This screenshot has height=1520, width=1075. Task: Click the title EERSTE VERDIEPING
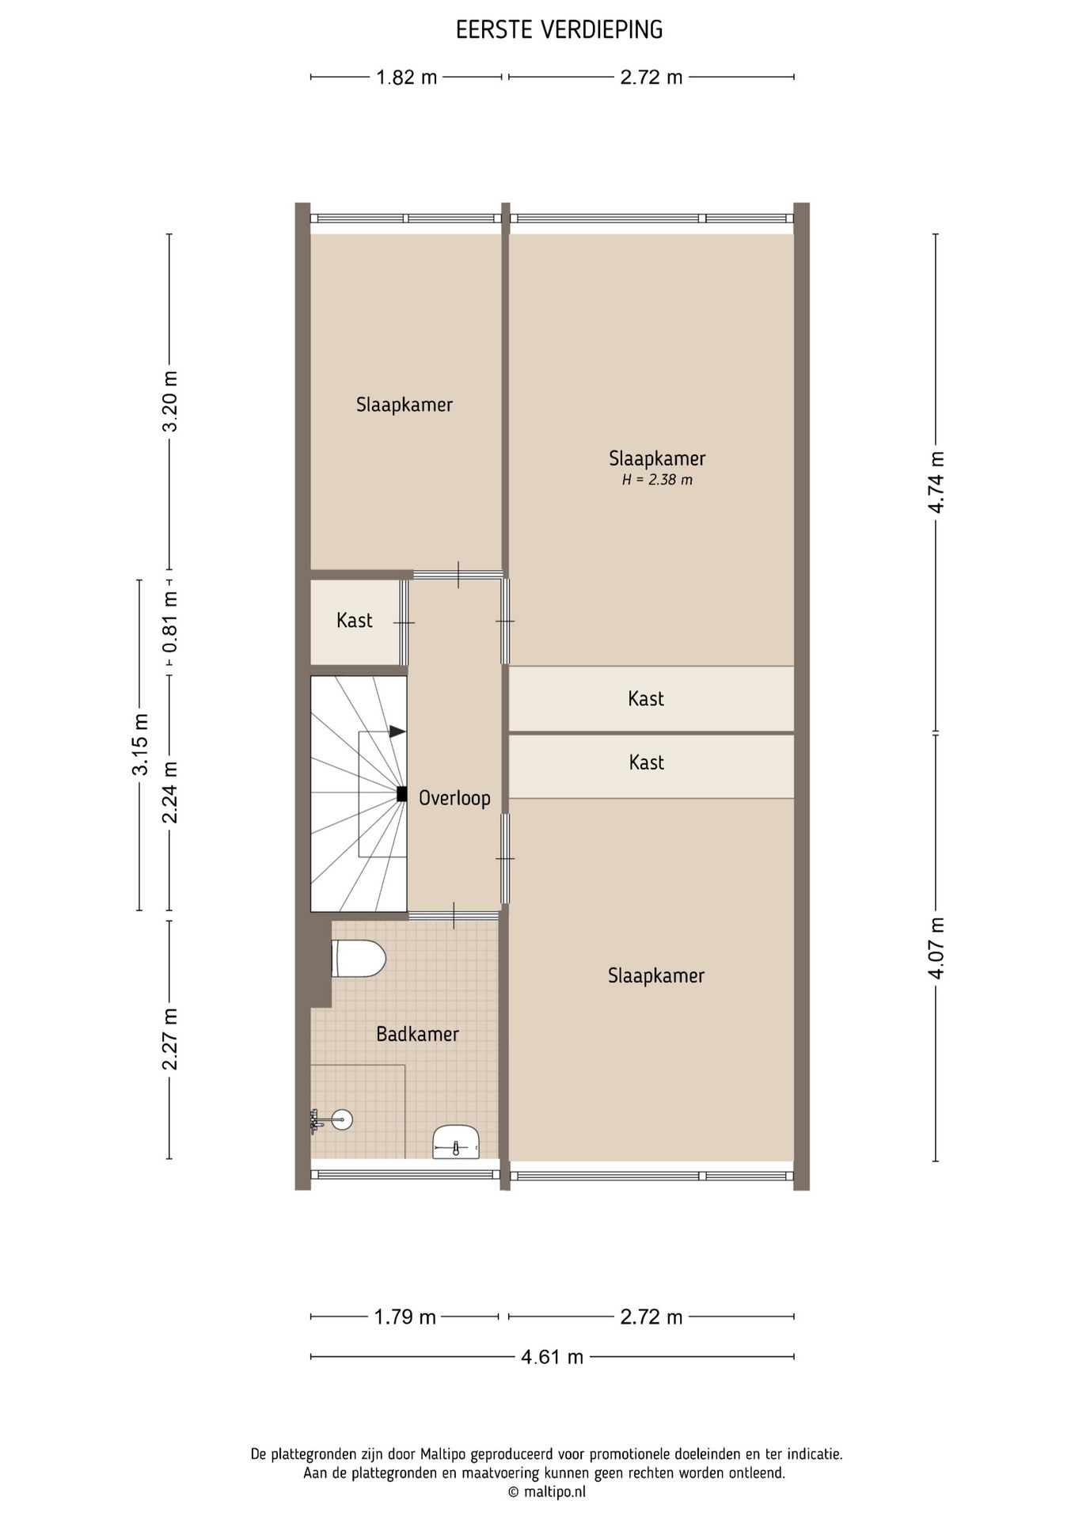pyautogui.click(x=559, y=30)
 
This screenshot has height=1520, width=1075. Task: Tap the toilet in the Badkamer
pyautogui.click(x=358, y=959)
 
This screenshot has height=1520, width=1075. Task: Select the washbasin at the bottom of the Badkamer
pyautogui.click(x=457, y=1142)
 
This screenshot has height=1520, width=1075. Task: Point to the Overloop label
pyautogui.click(x=454, y=798)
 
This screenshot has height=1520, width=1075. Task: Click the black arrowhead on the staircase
pyautogui.click(x=398, y=731)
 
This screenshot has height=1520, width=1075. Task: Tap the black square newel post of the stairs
pyautogui.click(x=401, y=794)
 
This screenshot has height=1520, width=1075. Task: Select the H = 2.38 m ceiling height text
pyautogui.click(x=657, y=480)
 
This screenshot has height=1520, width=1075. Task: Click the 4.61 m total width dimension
pyautogui.click(x=552, y=1357)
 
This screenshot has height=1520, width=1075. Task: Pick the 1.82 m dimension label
pyautogui.click(x=406, y=78)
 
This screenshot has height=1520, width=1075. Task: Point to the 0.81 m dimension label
pyautogui.click(x=170, y=622)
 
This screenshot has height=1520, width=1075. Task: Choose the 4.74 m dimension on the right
pyautogui.click(x=936, y=482)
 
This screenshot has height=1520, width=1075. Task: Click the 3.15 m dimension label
pyautogui.click(x=140, y=746)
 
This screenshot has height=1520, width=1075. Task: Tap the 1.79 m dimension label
pyautogui.click(x=405, y=1317)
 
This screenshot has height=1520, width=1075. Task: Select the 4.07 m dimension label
pyautogui.click(x=936, y=948)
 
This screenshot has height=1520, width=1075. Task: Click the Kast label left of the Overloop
pyautogui.click(x=354, y=621)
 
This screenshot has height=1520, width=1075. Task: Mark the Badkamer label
pyautogui.click(x=417, y=1034)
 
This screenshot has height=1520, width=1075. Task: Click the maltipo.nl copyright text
pyautogui.click(x=546, y=1492)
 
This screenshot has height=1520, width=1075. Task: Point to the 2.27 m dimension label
pyautogui.click(x=170, y=1039)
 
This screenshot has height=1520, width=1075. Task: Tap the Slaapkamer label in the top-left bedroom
pyautogui.click(x=404, y=405)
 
